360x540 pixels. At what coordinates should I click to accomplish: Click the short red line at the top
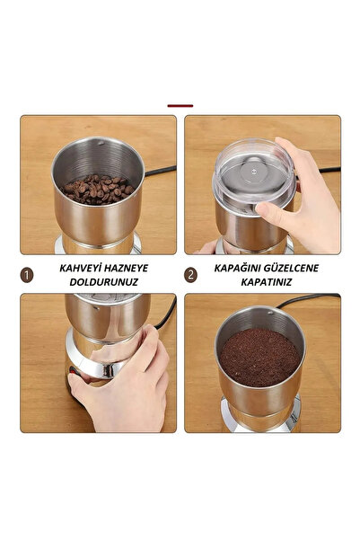coord(180,105)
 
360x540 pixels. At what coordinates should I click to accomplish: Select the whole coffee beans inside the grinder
coord(98,189)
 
